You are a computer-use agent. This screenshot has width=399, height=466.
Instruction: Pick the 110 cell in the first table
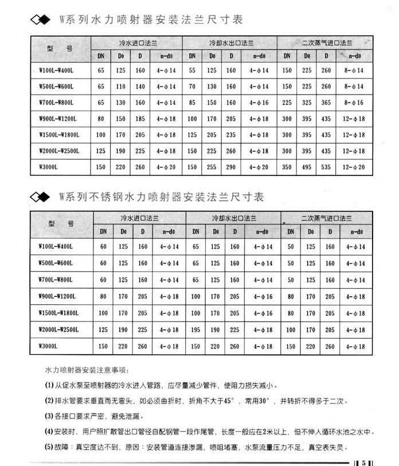121,87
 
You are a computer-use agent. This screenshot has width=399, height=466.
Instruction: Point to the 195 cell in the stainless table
195,330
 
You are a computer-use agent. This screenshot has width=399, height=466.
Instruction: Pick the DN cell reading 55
193,70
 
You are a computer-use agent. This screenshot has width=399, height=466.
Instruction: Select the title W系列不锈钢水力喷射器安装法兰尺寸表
161,197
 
